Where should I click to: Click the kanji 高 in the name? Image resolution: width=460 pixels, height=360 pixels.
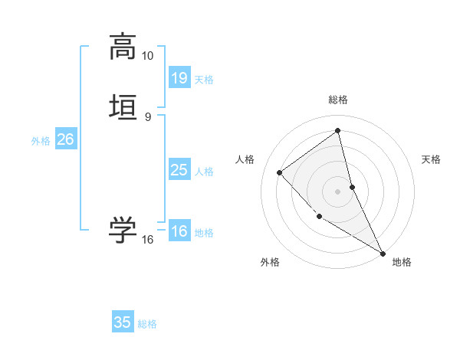(123, 47)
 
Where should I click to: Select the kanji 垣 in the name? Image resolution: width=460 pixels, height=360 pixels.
(123, 106)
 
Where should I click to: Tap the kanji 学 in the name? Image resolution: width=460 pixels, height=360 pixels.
(123, 231)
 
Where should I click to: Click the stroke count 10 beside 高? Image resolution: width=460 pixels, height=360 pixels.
(147, 56)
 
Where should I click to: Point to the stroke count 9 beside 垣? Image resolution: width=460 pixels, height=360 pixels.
(147, 116)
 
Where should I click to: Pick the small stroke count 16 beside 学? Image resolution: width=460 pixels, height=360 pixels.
(147, 240)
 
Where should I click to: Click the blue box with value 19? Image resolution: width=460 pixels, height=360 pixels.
(179, 77)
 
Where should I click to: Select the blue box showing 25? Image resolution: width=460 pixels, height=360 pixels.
(179, 170)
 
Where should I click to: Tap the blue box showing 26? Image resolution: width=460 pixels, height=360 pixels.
(65, 139)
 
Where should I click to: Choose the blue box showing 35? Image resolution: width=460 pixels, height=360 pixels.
(123, 322)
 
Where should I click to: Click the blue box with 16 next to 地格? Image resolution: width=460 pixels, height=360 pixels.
(179, 231)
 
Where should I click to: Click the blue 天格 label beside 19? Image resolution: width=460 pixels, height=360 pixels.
(204, 80)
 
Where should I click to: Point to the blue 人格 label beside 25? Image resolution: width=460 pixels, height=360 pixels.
(204, 172)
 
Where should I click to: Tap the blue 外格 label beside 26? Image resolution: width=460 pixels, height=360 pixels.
(41, 141)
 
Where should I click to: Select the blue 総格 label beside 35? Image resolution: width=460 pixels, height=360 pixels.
(147, 324)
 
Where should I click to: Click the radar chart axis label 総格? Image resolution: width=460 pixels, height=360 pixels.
(338, 100)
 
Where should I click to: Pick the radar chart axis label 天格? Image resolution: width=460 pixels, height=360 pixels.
(432, 159)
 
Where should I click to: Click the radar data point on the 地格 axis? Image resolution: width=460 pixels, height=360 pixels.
(383, 253)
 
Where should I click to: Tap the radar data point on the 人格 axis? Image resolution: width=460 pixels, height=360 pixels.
(280, 172)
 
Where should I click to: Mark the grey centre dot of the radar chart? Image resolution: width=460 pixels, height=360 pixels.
(338, 191)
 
